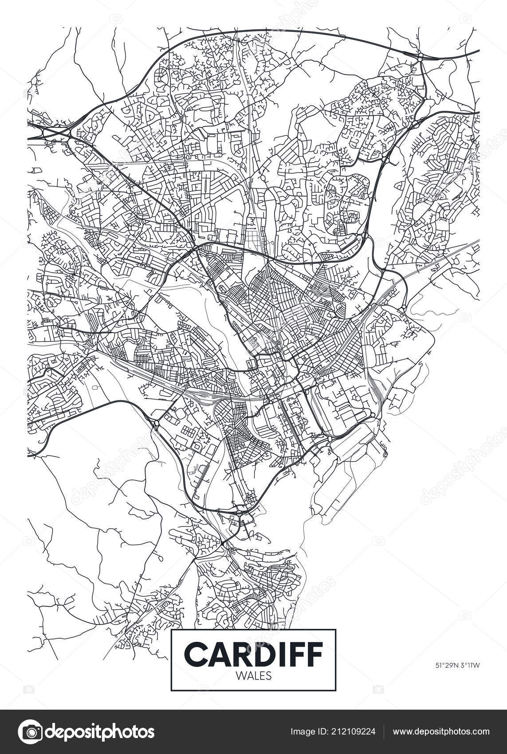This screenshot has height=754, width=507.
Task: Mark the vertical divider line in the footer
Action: tap(384, 732)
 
